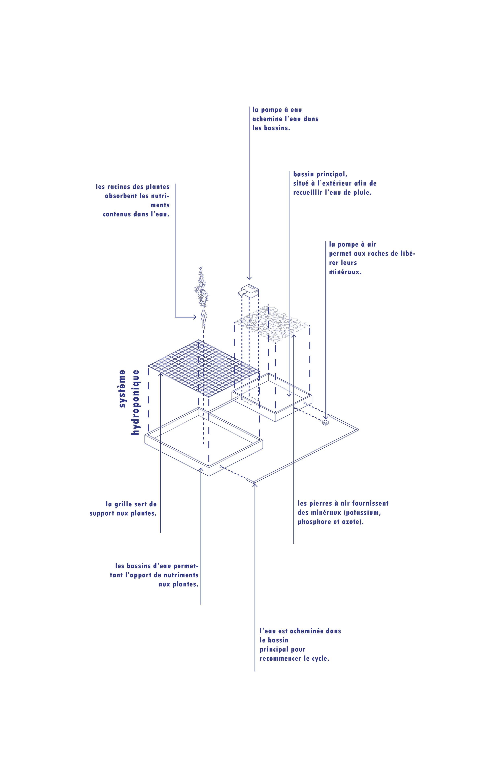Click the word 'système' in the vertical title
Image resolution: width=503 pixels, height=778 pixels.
coord(122,388)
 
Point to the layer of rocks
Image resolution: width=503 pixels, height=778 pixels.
coord(271,324)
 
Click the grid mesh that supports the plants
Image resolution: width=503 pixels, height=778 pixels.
coord(203,367)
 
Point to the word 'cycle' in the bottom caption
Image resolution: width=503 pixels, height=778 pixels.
coord(320,658)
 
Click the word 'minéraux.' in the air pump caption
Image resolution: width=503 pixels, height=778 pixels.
coord(345,272)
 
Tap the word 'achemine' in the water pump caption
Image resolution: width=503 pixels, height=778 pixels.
coord(267,119)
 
